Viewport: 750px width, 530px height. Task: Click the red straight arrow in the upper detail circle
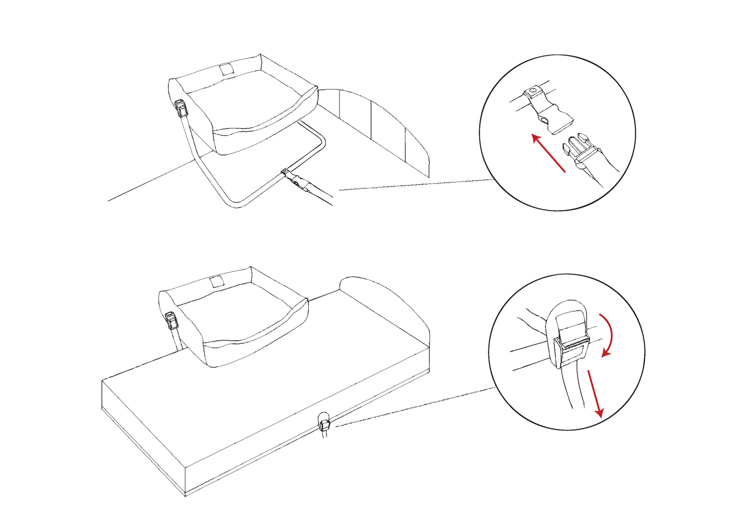[548, 153]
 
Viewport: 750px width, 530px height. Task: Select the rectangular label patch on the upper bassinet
[227, 69]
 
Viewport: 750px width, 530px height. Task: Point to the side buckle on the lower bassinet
[171, 321]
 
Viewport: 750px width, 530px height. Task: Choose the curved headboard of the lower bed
[384, 301]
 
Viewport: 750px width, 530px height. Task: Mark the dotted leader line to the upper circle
[415, 185]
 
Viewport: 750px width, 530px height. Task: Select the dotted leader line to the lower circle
[415, 407]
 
